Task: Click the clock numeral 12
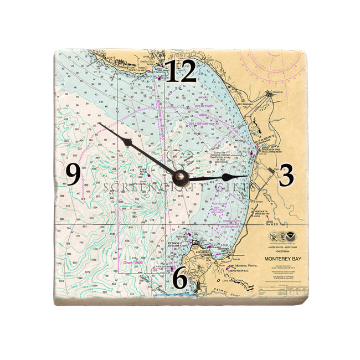pos(181,73)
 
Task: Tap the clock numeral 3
pos(286,176)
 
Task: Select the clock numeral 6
pos(179,277)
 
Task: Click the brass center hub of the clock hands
pos(180,177)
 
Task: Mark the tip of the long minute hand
pos(98,123)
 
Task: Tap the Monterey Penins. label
pos(246,266)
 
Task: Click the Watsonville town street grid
pos(275,91)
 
